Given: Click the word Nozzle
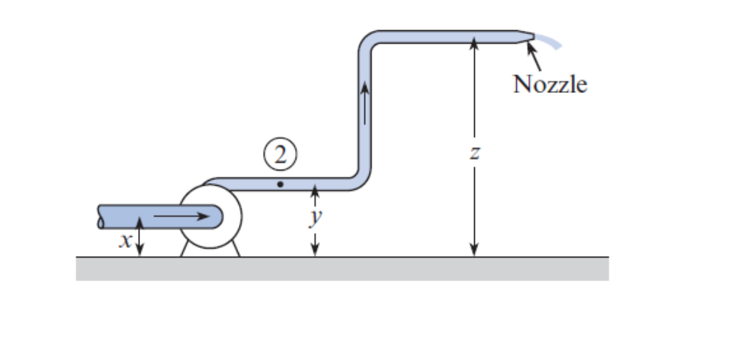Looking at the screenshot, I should point(550,84).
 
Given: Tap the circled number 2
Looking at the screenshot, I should point(279,156).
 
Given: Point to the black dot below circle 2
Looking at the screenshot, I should point(279,183).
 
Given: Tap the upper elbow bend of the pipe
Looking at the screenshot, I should point(369,41).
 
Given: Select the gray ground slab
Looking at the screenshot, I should point(342,269).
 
